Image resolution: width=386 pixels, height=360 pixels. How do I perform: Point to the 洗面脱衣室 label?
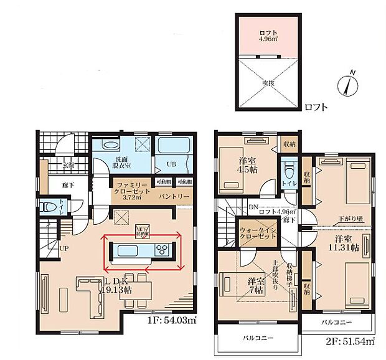121,163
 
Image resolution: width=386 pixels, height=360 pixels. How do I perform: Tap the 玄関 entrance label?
69,165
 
